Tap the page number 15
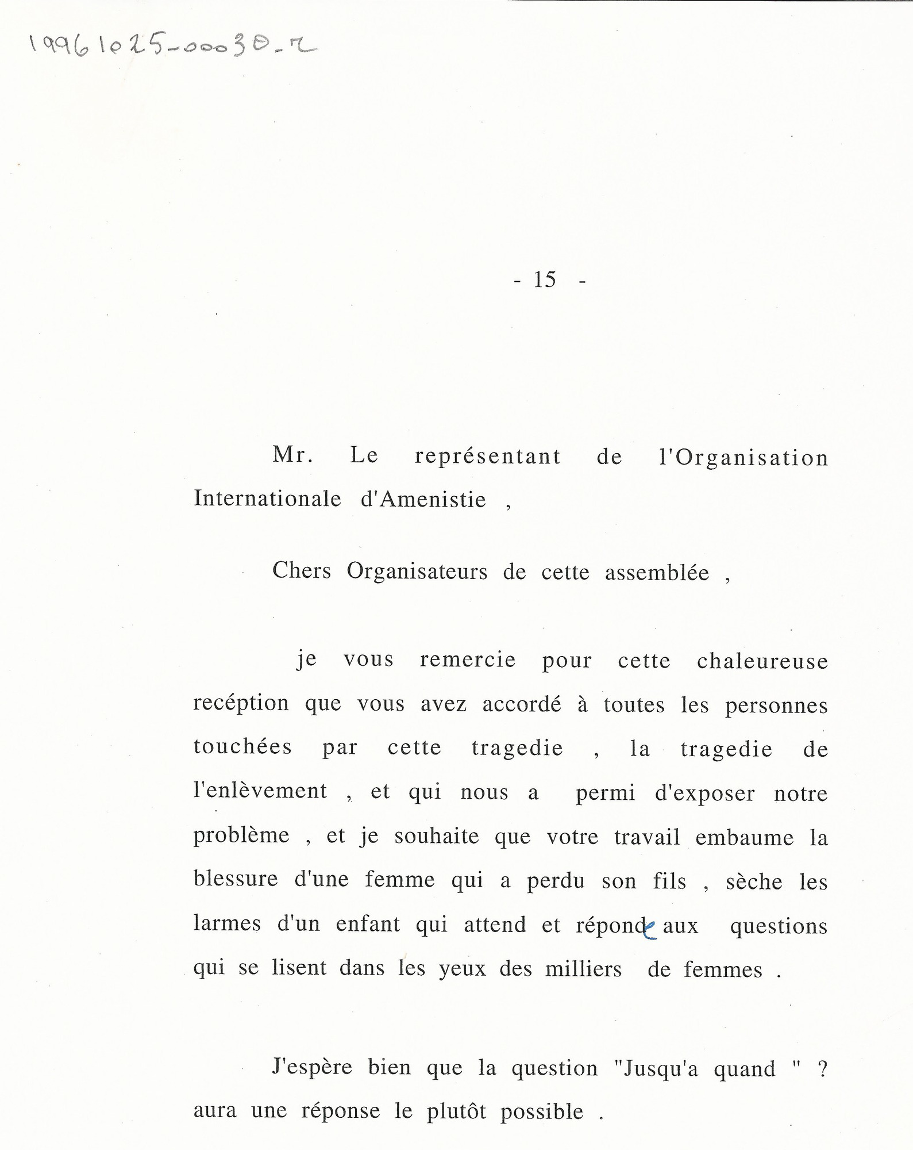point(545,280)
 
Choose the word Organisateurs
point(417,572)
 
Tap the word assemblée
point(657,573)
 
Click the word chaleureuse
point(762,661)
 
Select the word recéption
point(241,704)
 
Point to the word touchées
point(242,747)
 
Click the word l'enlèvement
point(260,791)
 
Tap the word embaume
point(744,838)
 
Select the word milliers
point(583,969)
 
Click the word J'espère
point(313,1067)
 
